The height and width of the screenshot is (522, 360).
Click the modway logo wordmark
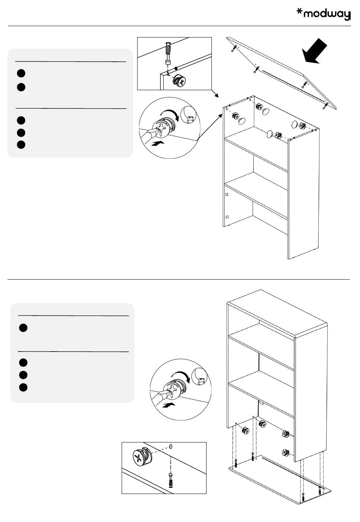click(x=323, y=14)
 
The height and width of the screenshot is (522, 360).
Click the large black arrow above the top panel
click(x=314, y=51)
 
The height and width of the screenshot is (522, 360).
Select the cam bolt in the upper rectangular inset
click(x=168, y=54)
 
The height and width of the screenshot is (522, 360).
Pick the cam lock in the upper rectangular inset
click(x=179, y=81)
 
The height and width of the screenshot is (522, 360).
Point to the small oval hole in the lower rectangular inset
click(x=171, y=446)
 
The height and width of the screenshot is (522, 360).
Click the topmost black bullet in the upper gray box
click(x=21, y=73)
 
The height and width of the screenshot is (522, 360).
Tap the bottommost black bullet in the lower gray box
click(x=23, y=387)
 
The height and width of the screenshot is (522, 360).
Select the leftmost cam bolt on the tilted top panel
click(x=234, y=48)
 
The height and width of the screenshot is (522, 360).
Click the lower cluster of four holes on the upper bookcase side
click(x=227, y=217)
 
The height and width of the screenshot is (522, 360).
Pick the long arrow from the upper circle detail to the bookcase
click(x=210, y=127)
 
